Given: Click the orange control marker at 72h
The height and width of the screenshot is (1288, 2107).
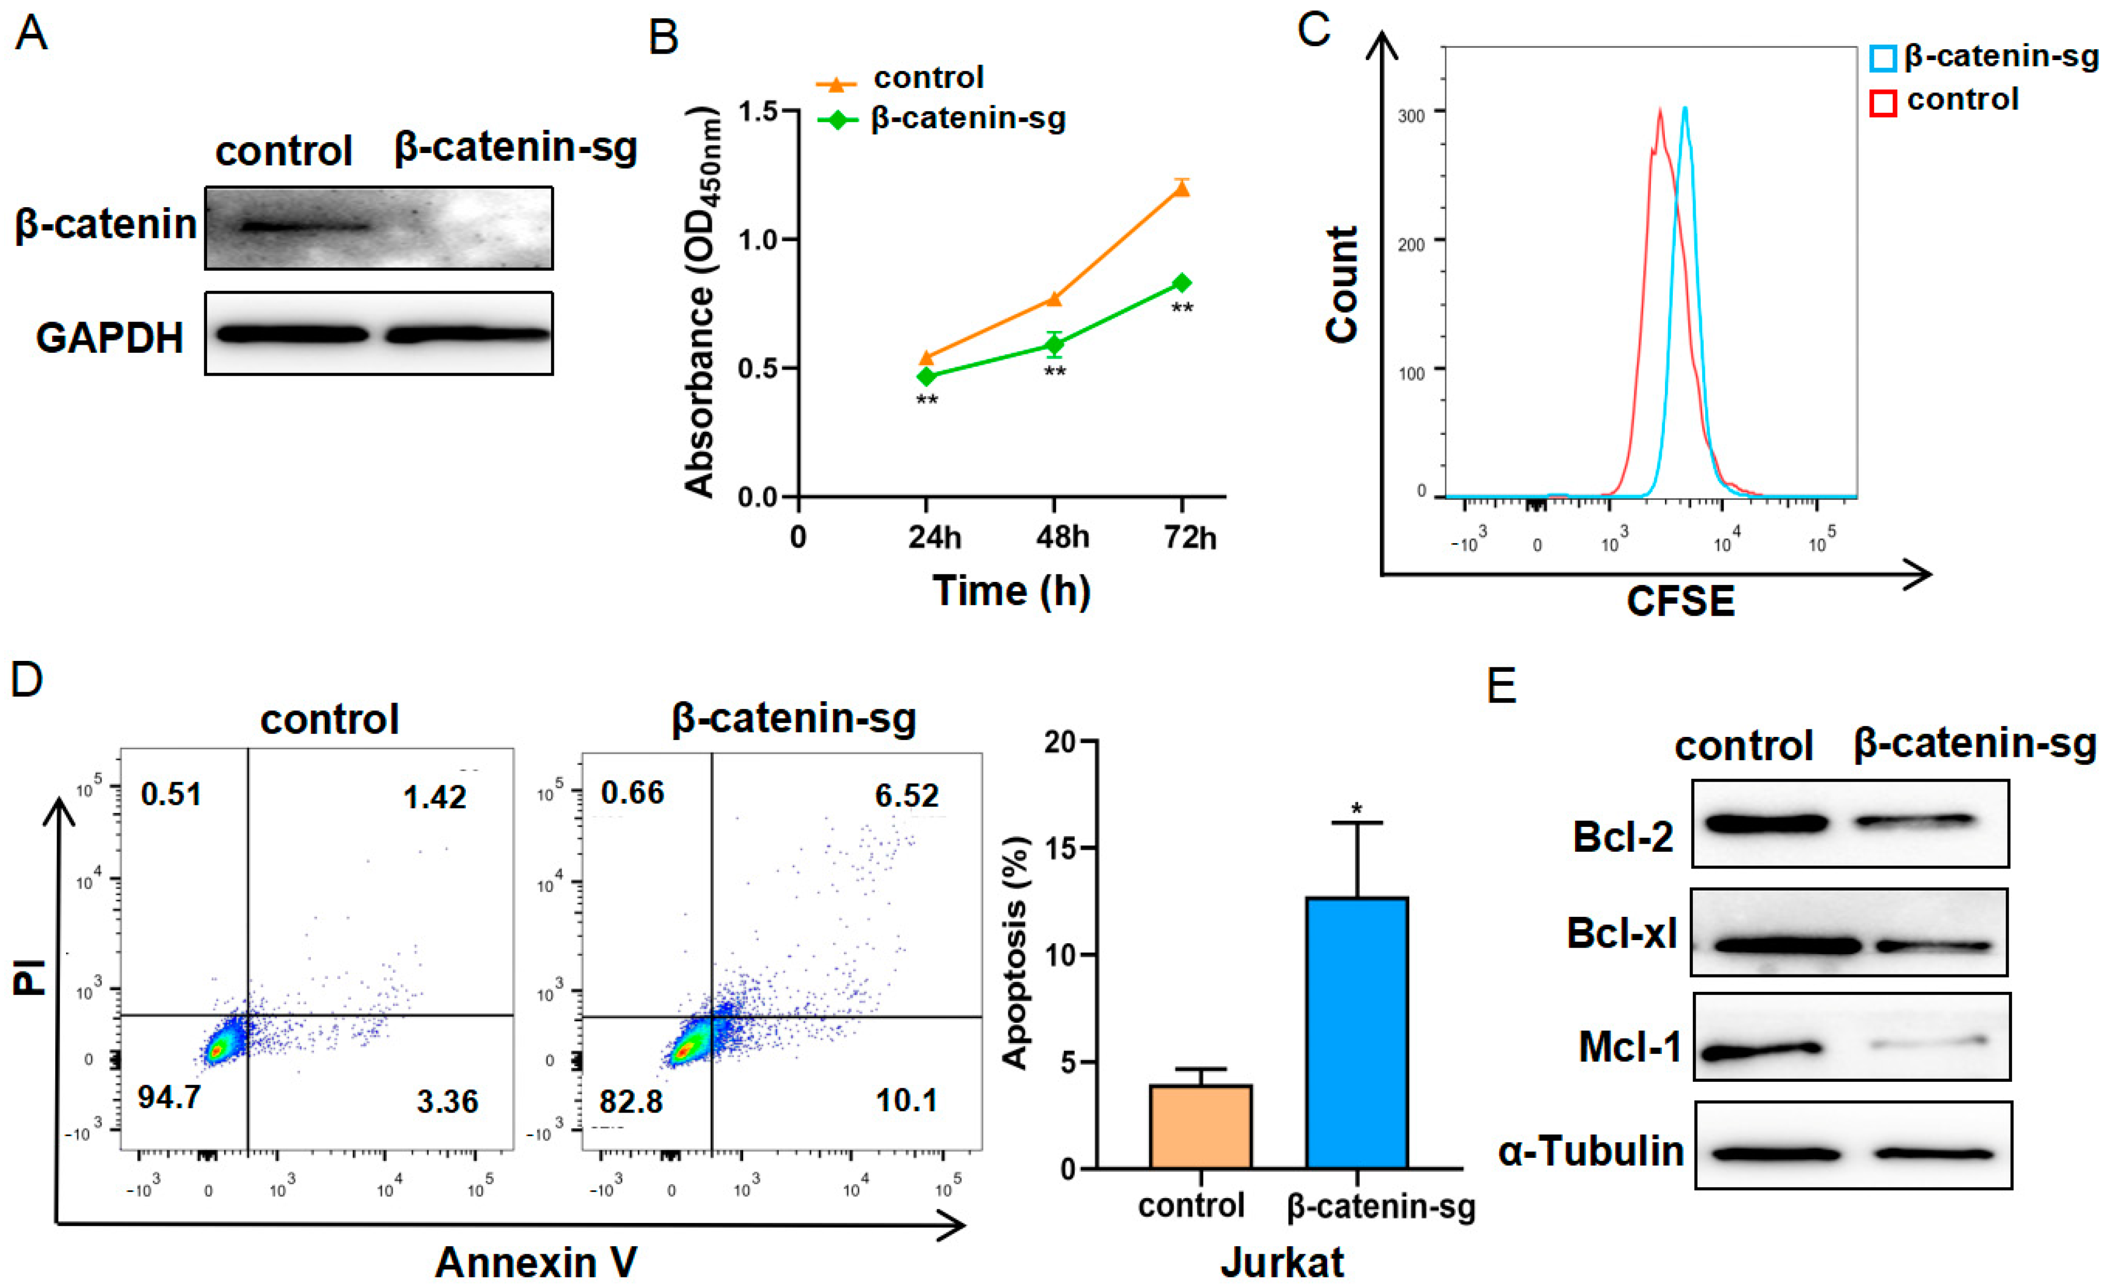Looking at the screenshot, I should pyautogui.click(x=1182, y=187).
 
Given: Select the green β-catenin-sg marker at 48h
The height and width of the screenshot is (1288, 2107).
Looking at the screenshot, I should pyautogui.click(x=1054, y=345).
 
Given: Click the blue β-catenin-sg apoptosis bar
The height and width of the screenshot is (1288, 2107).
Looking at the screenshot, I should pyautogui.click(x=1357, y=1033).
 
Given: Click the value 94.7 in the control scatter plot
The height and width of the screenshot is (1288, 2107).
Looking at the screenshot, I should pyautogui.click(x=169, y=1096).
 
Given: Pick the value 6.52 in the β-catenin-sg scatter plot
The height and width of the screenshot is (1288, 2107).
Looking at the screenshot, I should pyautogui.click(x=906, y=796).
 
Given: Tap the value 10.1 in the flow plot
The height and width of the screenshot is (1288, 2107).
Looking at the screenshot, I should pyautogui.click(x=906, y=1101).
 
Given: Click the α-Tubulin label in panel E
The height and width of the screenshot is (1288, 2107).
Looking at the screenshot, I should pyautogui.click(x=1590, y=1151).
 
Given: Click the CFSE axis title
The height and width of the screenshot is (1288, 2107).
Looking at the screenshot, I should pyautogui.click(x=1680, y=601).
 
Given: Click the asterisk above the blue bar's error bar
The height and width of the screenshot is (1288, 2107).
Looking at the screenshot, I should pyautogui.click(x=1356, y=808).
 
